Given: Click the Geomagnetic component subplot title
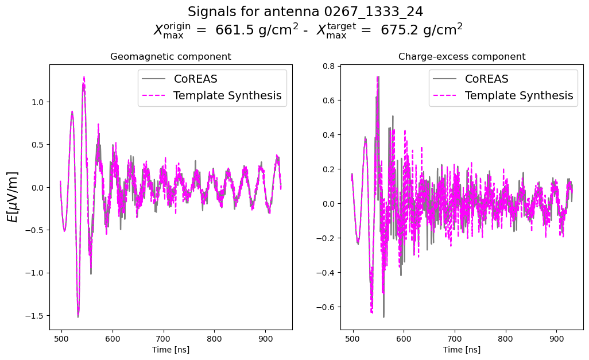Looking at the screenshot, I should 170,57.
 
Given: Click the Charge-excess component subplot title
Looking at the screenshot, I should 462,57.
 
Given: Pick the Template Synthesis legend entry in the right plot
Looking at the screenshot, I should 519,95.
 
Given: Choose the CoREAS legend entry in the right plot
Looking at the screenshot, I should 486,79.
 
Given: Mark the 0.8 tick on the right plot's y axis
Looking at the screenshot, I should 328,66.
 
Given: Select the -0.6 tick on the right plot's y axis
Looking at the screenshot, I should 326,307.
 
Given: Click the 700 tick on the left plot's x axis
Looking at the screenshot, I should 164,339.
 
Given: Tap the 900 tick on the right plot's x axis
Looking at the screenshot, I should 556,339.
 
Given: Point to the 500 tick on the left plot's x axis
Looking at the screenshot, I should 61,339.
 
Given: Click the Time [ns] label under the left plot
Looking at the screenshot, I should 170,349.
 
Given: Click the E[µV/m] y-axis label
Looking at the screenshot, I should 12,197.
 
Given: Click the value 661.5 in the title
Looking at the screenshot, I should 233,30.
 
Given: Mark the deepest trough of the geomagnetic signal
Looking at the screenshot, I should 78,316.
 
